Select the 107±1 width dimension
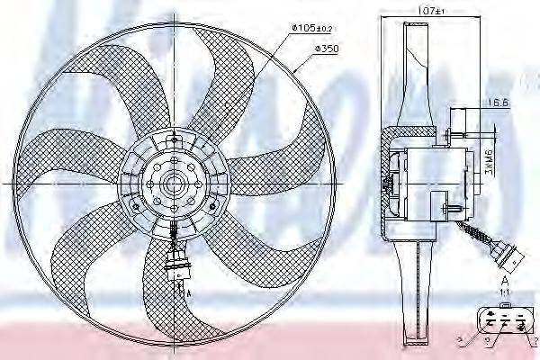(422, 12)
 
